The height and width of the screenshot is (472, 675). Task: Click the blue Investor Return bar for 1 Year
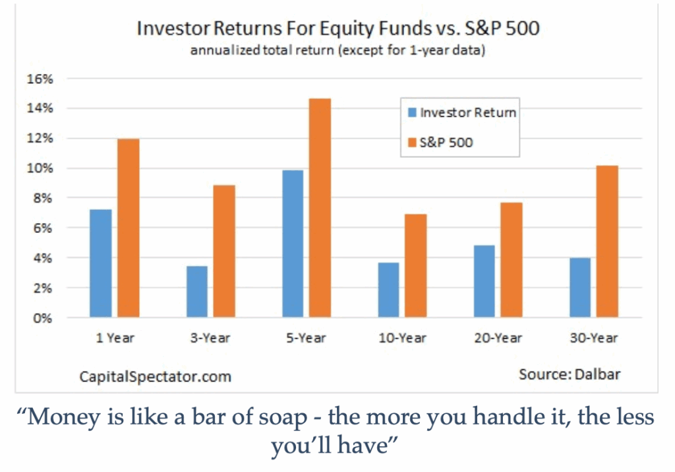[x=101, y=263]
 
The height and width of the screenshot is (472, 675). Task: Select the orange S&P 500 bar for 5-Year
[x=320, y=208]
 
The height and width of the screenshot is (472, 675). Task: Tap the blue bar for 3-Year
[x=197, y=292]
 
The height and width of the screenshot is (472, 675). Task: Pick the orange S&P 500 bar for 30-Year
[x=607, y=242]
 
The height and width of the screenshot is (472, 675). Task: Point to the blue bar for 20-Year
[x=484, y=281]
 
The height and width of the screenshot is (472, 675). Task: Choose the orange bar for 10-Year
[x=416, y=266]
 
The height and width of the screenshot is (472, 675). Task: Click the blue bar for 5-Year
[x=293, y=244]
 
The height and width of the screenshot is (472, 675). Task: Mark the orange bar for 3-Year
[x=224, y=252]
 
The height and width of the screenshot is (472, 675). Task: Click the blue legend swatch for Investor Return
[x=413, y=112]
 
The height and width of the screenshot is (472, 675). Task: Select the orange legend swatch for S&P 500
[x=413, y=142]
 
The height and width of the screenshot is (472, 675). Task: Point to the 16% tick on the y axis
[x=40, y=79]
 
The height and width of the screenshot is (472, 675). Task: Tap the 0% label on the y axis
[x=43, y=319]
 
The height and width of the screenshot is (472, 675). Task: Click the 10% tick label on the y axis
[x=40, y=168]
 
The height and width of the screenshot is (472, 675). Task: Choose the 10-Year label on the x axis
[x=403, y=338]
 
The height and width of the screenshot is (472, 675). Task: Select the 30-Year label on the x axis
[x=594, y=338]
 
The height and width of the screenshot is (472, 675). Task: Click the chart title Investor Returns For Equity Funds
[x=283, y=28]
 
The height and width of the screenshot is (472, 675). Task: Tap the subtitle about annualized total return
[x=338, y=50]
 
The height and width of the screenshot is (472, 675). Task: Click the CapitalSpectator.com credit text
[x=156, y=377]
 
